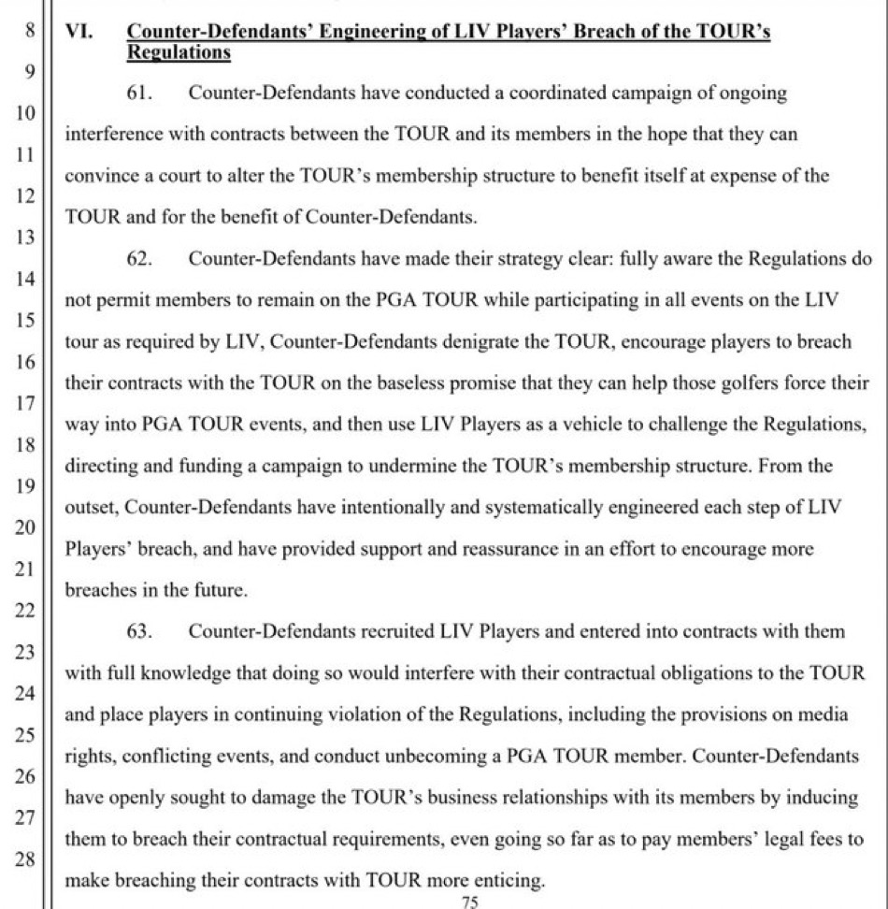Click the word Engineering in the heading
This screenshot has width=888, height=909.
tap(368, 32)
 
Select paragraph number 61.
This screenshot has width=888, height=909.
tap(138, 93)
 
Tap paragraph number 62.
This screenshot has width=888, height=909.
tap(138, 259)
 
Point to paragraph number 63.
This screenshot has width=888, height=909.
tap(138, 631)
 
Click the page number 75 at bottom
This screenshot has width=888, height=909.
tap(470, 901)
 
